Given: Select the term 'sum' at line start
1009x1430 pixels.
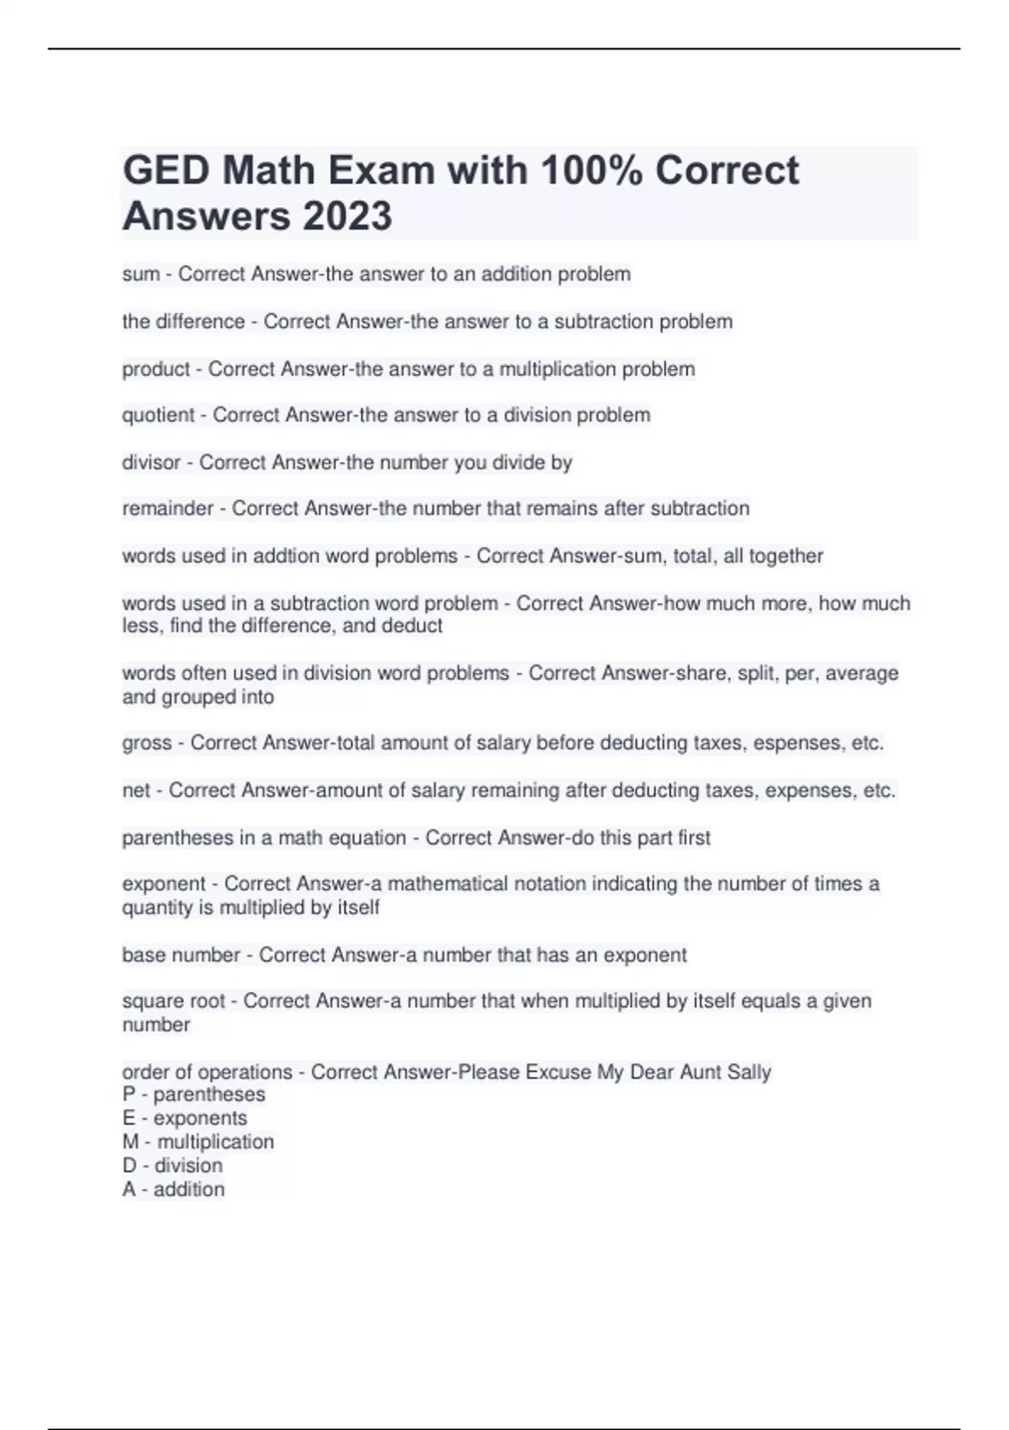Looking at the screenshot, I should [140, 274].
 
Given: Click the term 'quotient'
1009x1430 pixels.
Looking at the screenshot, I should [158, 415].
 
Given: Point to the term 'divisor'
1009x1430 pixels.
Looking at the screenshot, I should [151, 462].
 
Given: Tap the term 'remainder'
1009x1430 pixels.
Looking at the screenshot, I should [168, 508].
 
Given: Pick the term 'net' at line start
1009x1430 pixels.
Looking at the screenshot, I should [136, 791].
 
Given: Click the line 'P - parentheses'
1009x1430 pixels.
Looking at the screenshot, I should [193, 1094].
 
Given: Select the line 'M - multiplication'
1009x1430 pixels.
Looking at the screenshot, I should [198, 1141].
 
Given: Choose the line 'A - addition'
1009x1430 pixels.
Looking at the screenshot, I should [174, 1189].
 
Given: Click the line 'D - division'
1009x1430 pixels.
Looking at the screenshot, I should [172, 1165].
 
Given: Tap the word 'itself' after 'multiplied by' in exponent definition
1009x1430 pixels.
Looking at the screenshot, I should [357, 908].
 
